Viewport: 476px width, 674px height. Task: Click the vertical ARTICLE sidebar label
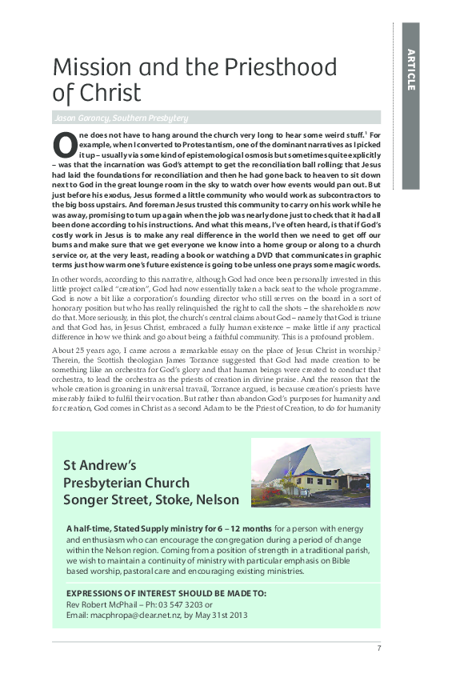coord(410,70)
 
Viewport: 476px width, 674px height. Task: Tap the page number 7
coord(378,648)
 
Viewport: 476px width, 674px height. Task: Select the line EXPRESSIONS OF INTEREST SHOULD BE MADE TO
coord(166,593)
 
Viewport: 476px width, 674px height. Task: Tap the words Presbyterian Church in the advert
coord(126,483)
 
